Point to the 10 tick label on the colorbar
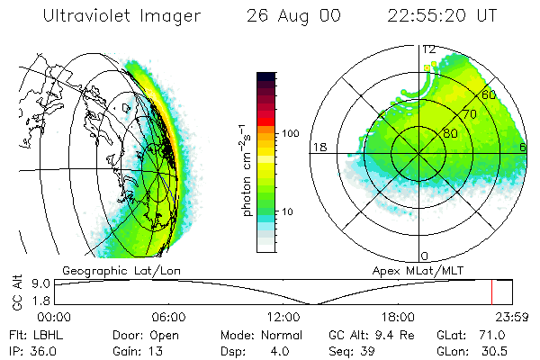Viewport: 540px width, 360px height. tap(290, 212)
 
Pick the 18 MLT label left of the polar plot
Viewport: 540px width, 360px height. tap(319, 147)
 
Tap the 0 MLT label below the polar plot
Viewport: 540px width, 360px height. tap(425, 256)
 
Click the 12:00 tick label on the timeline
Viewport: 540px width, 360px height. tap(283, 316)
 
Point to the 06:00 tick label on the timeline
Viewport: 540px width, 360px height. tap(168, 316)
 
